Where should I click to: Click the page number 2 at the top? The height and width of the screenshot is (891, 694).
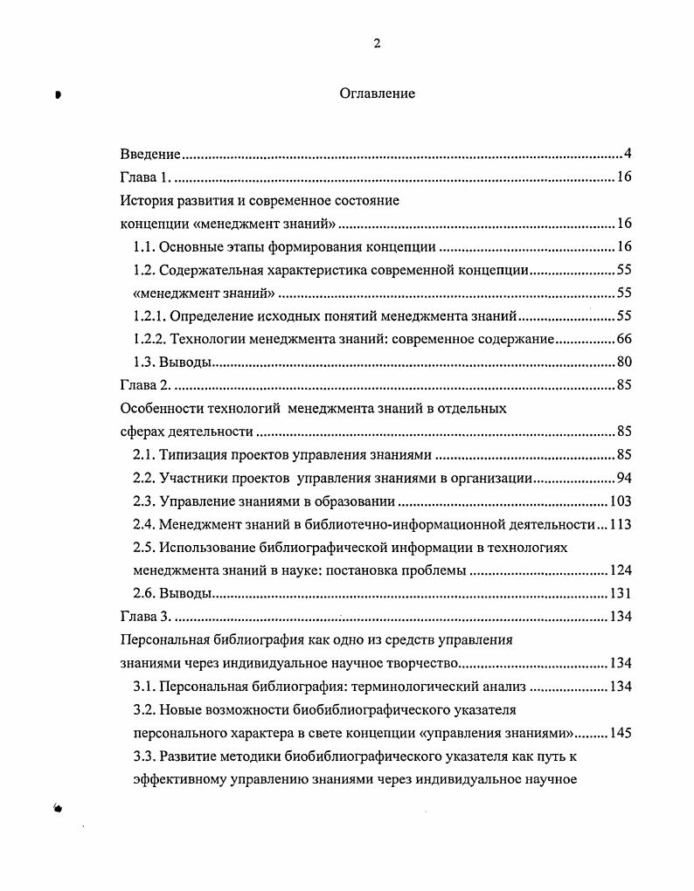pos(377,45)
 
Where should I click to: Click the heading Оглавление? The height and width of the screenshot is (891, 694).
pos(377,93)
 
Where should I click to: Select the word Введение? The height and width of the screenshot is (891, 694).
pos(149,155)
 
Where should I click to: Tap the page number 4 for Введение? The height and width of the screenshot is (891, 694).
pos(628,155)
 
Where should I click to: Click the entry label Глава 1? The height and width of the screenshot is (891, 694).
pos(145,177)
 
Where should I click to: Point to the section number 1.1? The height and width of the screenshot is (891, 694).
pos(143,246)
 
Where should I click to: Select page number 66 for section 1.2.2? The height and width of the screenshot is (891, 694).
pos(623,339)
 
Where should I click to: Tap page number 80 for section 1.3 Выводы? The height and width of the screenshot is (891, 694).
pos(623,362)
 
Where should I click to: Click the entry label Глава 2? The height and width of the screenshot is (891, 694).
pos(145,384)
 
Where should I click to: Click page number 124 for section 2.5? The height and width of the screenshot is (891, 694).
pos(620,570)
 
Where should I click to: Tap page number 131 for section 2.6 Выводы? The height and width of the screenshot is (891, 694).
pos(620,593)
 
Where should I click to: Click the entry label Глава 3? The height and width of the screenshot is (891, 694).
pos(145,617)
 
